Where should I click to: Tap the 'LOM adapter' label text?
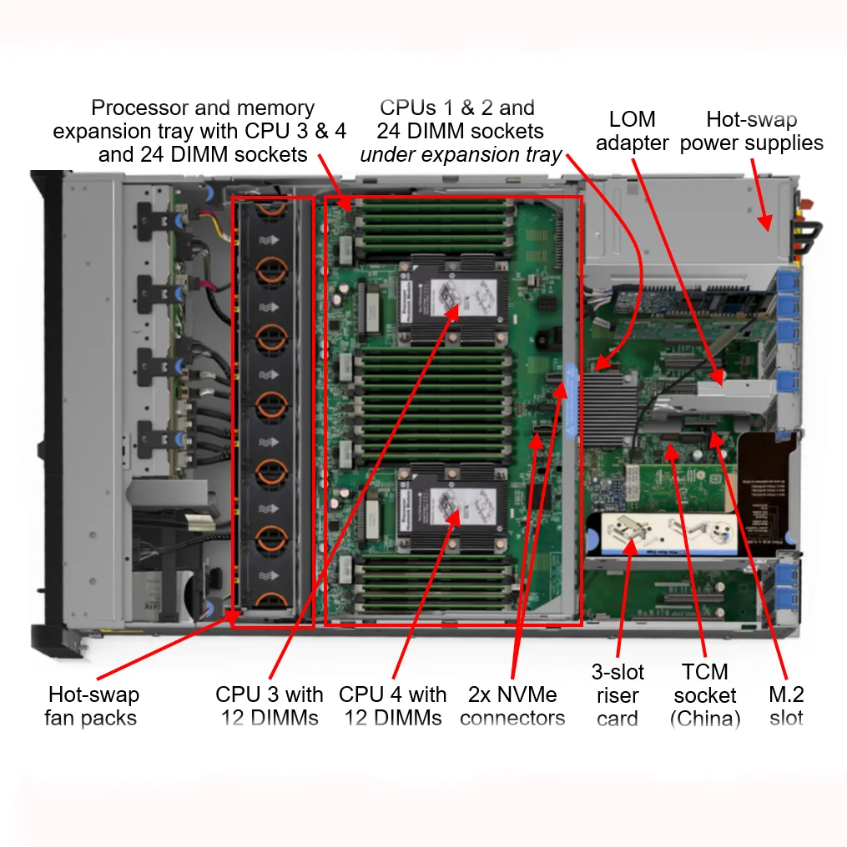[632, 131]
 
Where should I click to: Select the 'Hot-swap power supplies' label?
[751, 131]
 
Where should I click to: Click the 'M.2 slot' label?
[786, 706]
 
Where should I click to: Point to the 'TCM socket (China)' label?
[705, 695]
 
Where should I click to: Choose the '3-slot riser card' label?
[618, 695]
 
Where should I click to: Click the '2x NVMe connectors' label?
[512, 706]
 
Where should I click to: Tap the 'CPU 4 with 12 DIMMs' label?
[392, 706]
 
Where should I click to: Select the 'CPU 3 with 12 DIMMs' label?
[269, 706]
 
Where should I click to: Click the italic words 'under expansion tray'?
[461, 155]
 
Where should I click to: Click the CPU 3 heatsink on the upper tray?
[455, 300]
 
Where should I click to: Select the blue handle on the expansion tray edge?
[571, 400]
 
